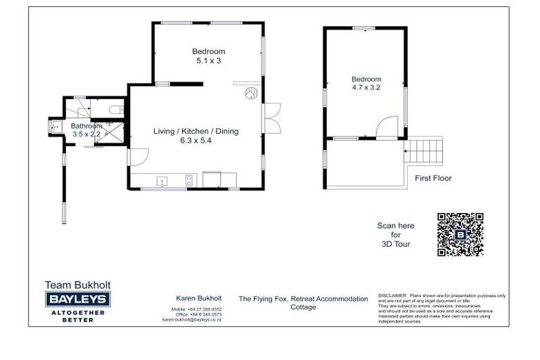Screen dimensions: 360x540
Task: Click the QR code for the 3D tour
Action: [460, 234]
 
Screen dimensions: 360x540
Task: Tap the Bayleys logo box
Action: [77, 300]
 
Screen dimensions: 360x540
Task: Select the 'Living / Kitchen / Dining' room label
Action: [196, 131]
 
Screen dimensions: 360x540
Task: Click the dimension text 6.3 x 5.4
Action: [196, 141]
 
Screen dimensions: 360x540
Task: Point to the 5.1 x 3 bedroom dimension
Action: [209, 61]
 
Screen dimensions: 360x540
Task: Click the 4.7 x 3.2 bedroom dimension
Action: [366, 89]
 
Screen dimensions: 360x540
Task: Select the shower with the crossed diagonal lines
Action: [110, 132]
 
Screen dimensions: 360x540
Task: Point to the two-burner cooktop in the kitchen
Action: [189, 181]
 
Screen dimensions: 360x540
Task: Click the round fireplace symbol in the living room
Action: [250, 93]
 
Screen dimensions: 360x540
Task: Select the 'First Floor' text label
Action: [433, 179]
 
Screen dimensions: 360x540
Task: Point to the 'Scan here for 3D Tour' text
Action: [396, 235]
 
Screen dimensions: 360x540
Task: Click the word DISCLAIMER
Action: [392, 296]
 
